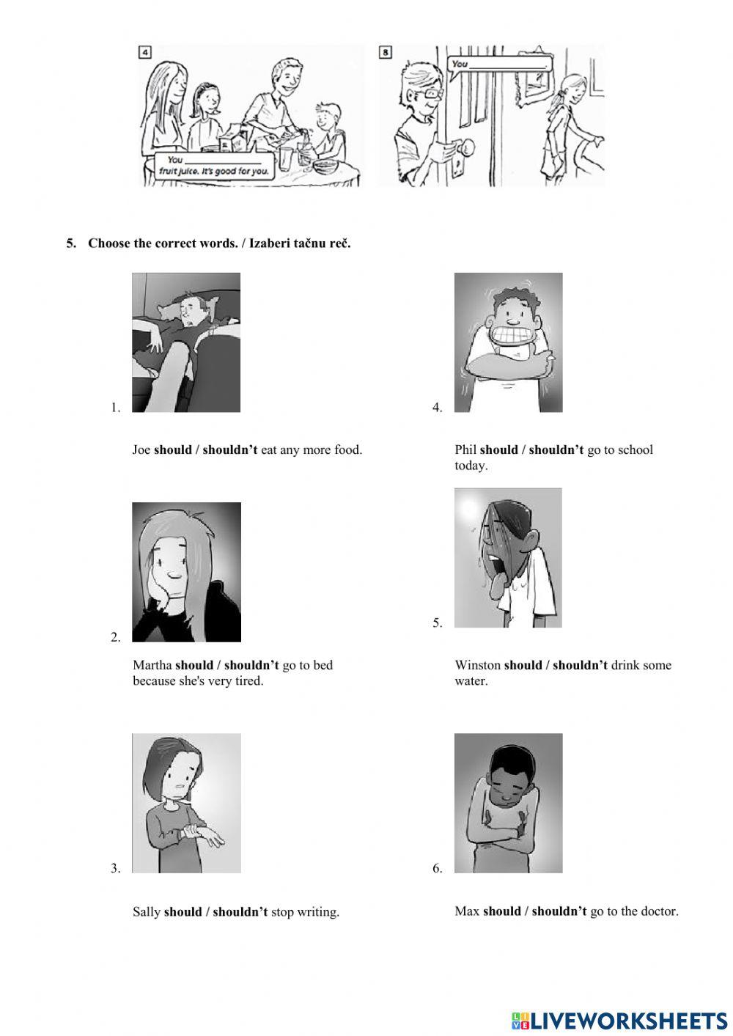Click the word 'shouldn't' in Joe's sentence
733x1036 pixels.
tap(229, 449)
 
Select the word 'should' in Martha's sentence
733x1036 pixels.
tap(194, 665)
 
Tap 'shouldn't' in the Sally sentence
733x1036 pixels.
tap(240, 912)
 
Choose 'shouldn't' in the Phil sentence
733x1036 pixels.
tap(556, 449)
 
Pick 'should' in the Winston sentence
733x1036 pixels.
tap(523, 665)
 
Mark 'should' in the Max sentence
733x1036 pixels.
tap(501, 911)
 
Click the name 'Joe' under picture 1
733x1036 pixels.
tap(141, 449)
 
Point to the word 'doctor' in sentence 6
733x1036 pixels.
tap(659, 911)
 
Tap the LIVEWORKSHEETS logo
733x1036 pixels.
tap(619, 1021)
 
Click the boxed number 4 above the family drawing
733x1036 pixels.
tap(145, 52)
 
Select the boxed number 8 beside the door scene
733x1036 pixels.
tap(386, 52)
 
